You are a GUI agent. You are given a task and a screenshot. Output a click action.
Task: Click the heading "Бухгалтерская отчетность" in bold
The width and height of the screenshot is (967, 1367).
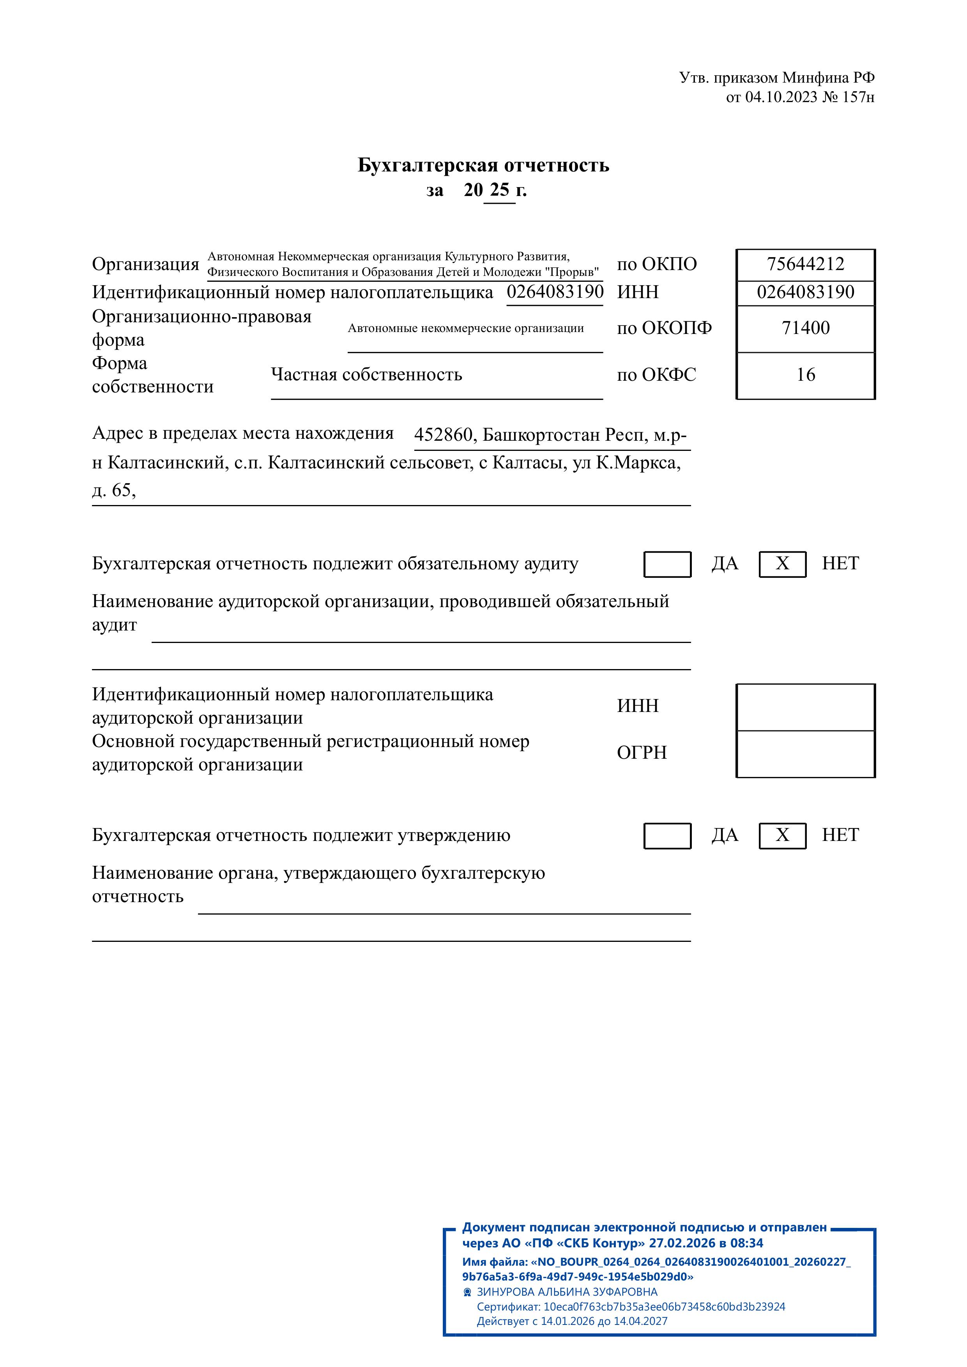(x=483, y=165)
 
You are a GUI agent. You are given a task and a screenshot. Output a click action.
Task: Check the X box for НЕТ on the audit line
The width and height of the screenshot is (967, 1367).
(x=782, y=564)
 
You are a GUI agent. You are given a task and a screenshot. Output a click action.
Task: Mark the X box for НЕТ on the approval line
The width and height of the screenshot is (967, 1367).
(x=782, y=835)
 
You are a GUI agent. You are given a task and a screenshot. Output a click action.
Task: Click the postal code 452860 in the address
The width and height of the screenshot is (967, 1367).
(x=443, y=435)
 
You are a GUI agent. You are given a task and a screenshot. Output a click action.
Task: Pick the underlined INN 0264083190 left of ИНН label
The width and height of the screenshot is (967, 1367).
(x=555, y=292)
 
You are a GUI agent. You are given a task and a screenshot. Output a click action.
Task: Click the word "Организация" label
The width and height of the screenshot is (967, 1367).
(x=145, y=264)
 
